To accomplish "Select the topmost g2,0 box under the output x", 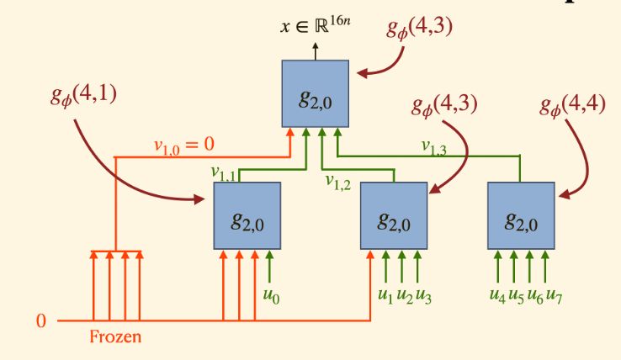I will (315, 93).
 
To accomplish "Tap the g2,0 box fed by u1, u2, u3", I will (394, 215).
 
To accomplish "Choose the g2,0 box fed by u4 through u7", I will (522, 215).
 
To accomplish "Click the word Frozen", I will (114, 339).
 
